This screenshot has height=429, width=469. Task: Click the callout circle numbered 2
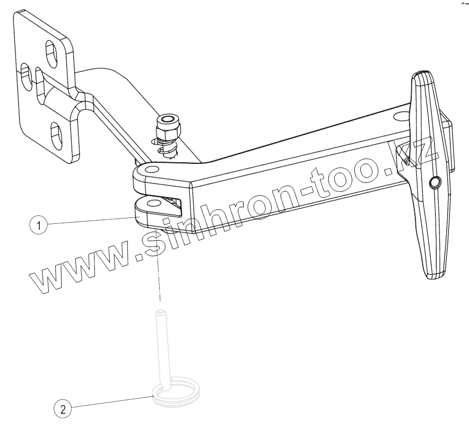[63, 409]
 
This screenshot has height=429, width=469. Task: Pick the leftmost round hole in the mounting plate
[24, 75]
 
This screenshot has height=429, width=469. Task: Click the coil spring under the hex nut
[166, 147]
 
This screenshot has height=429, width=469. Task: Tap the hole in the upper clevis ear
[153, 170]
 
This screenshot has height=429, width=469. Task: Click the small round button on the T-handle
[435, 182]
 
